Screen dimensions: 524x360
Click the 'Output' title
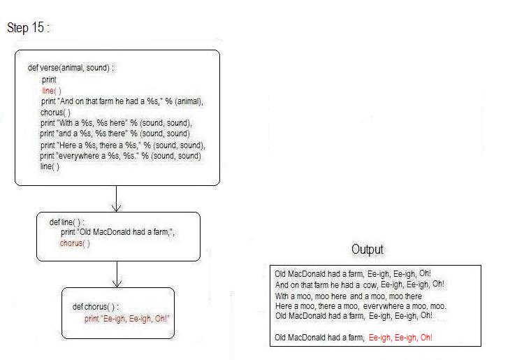pyautogui.click(x=367, y=250)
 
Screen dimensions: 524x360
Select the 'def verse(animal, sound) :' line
pyautogui.click(x=71, y=68)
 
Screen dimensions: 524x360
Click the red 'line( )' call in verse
pyautogui.click(x=52, y=91)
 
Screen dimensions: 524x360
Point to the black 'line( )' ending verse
pyautogui.click(x=50, y=166)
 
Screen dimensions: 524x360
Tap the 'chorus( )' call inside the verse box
pyautogui.click(x=55, y=113)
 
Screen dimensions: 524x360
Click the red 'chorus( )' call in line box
pyautogui.click(x=75, y=243)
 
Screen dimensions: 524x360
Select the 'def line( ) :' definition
pyautogui.click(x=66, y=222)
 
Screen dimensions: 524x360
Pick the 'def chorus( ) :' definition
pyautogui.click(x=95, y=306)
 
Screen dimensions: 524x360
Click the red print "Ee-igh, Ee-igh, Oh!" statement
pyautogui.click(x=127, y=319)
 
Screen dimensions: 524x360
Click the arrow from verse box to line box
pyautogui.click(x=116, y=199)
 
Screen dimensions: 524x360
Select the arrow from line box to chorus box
pyautogui.click(x=117, y=274)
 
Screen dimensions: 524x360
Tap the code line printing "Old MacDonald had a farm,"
pyautogui.click(x=117, y=232)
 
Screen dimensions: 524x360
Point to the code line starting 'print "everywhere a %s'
pyautogui.click(x=120, y=156)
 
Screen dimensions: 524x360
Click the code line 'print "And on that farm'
pyautogui.click(x=122, y=101)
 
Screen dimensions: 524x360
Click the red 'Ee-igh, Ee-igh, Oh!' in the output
pyautogui.click(x=400, y=338)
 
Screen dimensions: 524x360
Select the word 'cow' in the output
pyautogui.click(x=370, y=285)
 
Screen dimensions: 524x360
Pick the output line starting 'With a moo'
pyautogui.click(x=349, y=296)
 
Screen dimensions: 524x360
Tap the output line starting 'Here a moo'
pyautogui.click(x=361, y=306)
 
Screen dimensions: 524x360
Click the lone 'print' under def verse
pyautogui.click(x=49, y=80)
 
